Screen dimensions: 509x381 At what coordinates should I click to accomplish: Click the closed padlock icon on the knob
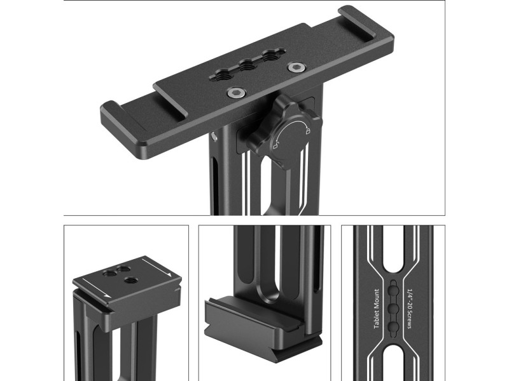click(307, 131)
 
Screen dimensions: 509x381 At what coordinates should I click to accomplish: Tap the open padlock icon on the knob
click(275, 147)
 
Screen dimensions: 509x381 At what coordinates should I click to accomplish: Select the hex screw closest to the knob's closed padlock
click(295, 67)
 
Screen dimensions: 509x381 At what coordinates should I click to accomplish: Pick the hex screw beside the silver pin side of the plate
click(235, 93)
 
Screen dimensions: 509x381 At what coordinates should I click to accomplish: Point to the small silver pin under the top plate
click(213, 137)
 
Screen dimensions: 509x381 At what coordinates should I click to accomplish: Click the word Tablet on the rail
click(377, 319)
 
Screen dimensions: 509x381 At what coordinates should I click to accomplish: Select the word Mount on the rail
click(377, 298)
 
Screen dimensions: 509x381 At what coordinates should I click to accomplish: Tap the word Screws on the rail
click(409, 319)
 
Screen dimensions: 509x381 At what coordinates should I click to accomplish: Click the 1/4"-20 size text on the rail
click(409, 298)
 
